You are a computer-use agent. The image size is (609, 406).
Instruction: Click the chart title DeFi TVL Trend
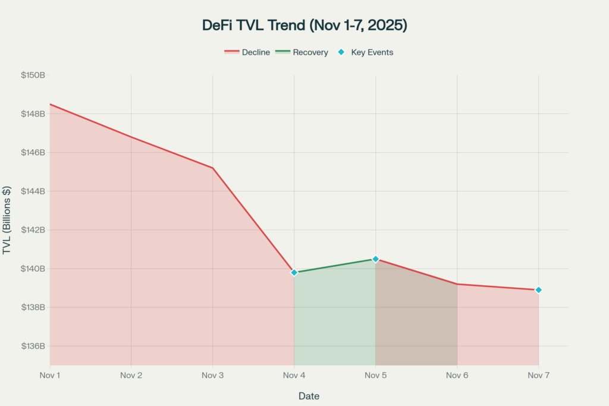[304, 26]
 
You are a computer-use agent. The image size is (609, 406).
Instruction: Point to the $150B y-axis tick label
[33, 75]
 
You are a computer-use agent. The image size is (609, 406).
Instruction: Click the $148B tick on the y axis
[33, 114]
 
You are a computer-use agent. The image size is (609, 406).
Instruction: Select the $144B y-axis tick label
[33, 191]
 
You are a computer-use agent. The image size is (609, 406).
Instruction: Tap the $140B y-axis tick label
[33, 269]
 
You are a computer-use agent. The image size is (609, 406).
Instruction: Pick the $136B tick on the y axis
[33, 346]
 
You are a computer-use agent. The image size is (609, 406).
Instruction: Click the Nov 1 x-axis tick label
[50, 375]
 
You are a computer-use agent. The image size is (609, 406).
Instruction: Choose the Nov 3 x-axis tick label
[212, 375]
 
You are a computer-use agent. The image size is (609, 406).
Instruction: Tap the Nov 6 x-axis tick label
[457, 375]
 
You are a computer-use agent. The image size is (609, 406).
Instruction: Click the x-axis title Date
[309, 395]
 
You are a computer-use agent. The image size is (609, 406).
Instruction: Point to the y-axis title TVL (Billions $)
[7, 220]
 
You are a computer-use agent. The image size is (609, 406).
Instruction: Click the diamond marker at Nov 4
[294, 272]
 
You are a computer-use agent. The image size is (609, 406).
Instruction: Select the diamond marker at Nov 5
[375, 259]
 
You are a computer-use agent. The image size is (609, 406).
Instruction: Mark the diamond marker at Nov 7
[538, 290]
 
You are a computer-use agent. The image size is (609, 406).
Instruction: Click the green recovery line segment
[335, 266]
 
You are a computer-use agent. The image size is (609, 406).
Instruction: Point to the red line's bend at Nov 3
[212, 168]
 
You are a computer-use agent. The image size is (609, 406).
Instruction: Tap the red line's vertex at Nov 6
[457, 284]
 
